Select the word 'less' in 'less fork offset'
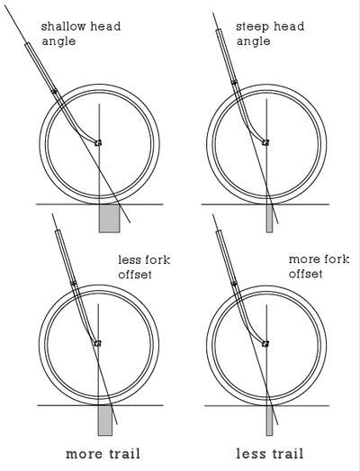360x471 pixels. [x=130, y=260]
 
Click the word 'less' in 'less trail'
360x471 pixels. [x=250, y=453]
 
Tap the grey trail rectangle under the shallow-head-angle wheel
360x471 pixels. [x=109, y=218]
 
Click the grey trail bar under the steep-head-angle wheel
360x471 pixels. [x=270, y=218]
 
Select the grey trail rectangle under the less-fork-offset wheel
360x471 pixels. [x=105, y=420]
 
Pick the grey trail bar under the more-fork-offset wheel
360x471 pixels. [x=270, y=421]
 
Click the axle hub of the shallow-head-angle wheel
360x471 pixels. [x=98, y=143]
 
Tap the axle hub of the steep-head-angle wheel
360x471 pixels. [x=265, y=142]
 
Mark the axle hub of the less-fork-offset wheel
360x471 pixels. [x=97, y=343]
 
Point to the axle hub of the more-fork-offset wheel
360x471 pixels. [x=265, y=343]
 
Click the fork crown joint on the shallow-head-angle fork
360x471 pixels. [x=54, y=91]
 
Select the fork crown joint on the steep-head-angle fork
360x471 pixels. [x=234, y=82]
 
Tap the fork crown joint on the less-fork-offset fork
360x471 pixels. [x=73, y=283]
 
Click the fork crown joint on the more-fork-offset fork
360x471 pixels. [x=234, y=283]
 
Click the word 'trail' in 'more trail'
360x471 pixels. [x=122, y=454]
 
